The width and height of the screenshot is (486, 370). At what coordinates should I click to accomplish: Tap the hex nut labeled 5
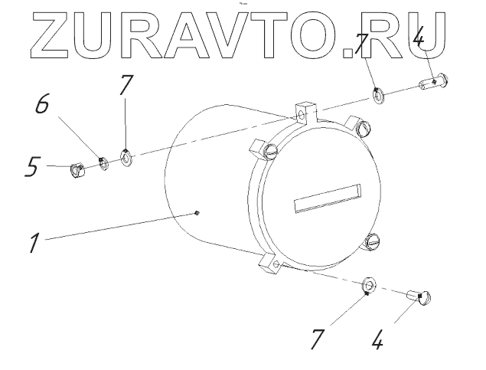[x=77, y=170]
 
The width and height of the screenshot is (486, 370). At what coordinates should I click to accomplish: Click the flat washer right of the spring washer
[x=127, y=159]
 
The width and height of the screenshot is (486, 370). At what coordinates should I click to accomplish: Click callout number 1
[x=34, y=244]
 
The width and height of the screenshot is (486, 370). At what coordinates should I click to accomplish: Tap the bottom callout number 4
[x=377, y=340]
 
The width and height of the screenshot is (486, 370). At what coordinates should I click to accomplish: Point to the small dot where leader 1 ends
[x=197, y=213]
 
